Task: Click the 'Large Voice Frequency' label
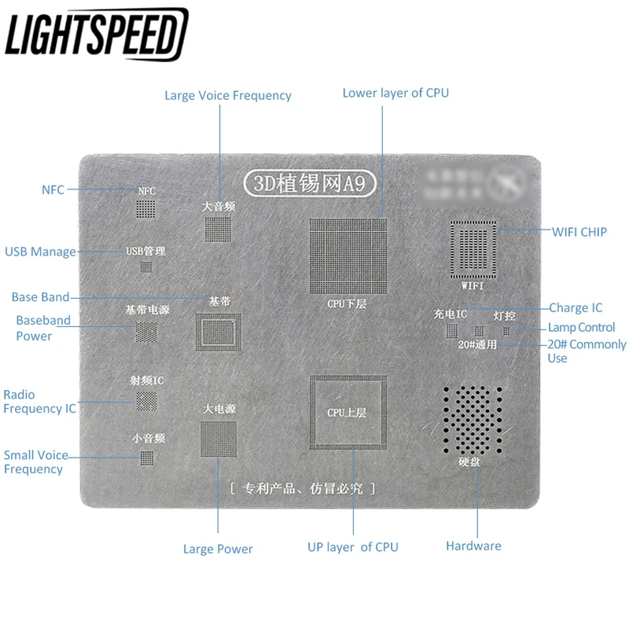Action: point(227,96)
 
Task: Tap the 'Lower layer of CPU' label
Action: point(395,93)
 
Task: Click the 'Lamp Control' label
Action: point(581,327)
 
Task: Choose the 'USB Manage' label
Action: point(40,252)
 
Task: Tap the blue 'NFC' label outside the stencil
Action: point(53,189)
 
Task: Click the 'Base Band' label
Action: point(40,297)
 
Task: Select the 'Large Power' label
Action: point(218,549)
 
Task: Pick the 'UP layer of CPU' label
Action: point(352,547)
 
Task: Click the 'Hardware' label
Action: point(473,546)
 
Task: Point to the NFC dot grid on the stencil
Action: point(146,208)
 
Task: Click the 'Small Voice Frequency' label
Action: point(35,462)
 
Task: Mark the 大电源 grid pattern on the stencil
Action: point(219,439)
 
